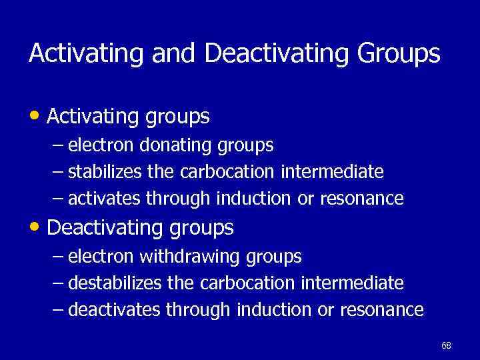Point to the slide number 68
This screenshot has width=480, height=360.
[x=446, y=345]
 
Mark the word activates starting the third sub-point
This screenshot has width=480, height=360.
[x=105, y=199]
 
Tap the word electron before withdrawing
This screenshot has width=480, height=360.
[x=99, y=256]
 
